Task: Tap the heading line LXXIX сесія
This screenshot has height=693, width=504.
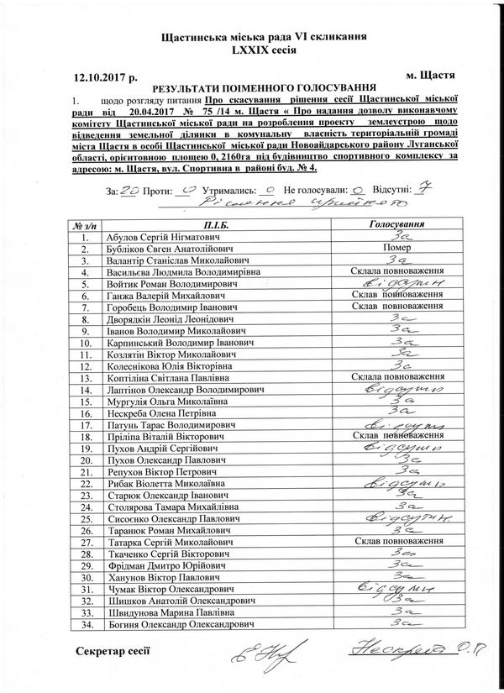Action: tap(253, 50)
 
